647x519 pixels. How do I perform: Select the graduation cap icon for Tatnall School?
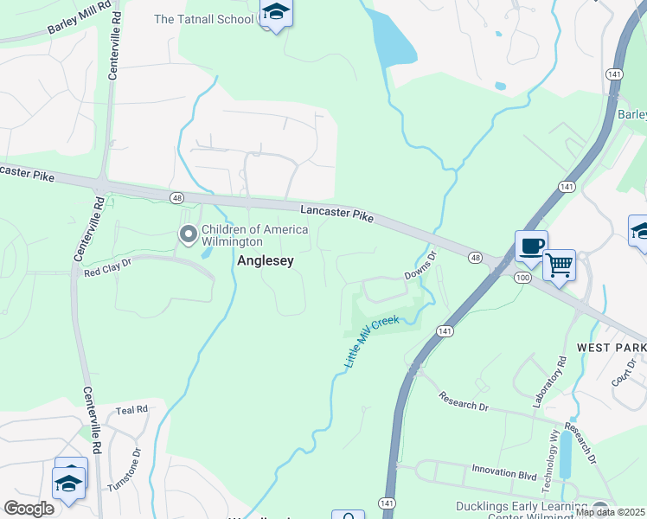coord(276,12)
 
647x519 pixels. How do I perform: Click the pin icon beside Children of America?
coord(188,234)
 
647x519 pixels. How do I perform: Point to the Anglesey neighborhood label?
coord(266,260)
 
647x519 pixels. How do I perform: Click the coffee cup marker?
coord(531,246)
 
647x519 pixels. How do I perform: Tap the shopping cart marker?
coord(559,264)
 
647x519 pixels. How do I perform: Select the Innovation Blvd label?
coord(505,470)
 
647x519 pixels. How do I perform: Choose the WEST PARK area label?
coord(611,347)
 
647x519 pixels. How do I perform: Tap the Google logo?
coord(29,508)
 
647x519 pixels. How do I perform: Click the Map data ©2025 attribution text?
coord(610,512)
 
